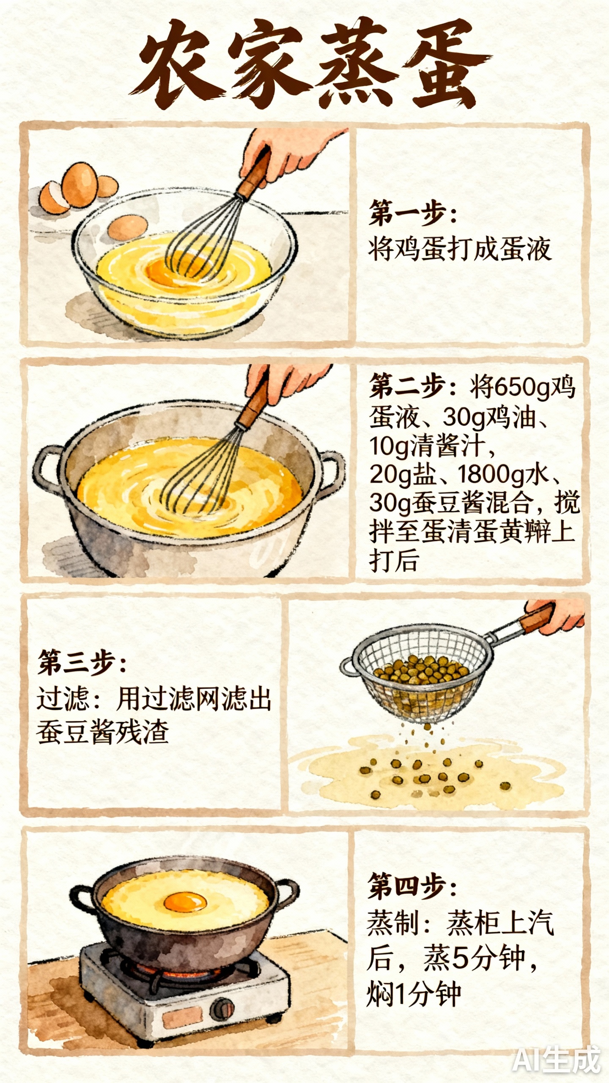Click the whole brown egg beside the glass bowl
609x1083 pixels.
coord(80,184)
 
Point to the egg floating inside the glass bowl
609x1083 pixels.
coord(128,227)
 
